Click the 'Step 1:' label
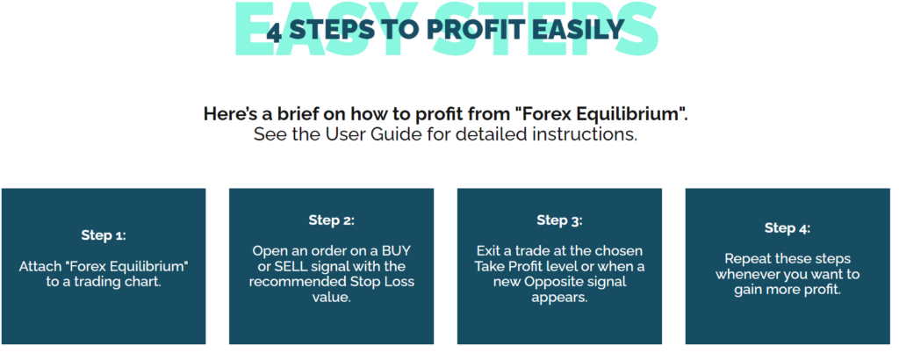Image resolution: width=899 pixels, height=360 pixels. [103, 235]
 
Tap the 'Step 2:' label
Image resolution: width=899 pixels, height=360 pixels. [331, 220]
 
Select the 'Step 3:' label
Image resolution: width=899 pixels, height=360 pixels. [559, 220]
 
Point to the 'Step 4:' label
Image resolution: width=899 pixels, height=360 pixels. [788, 228]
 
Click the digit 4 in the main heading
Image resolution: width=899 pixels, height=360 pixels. [275, 30]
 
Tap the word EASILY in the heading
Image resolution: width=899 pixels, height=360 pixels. [583, 30]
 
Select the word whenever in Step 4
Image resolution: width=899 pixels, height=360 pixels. [749, 274]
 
